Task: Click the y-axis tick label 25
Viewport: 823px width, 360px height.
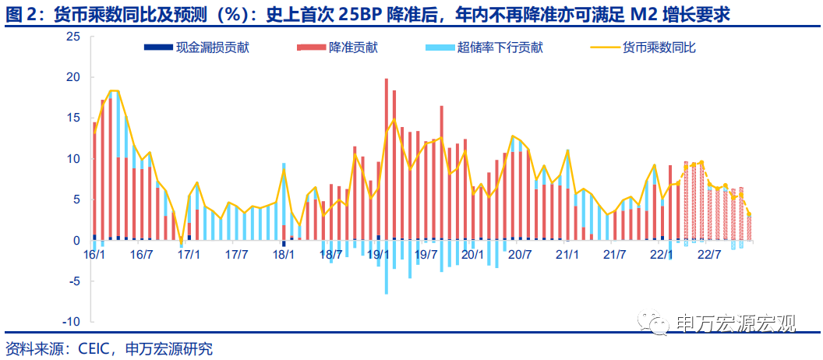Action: (x=73, y=37)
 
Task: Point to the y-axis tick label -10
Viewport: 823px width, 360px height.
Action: (x=71, y=322)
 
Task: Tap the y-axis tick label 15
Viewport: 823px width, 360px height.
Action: (x=73, y=118)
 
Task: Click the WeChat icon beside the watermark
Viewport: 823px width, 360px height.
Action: (x=655, y=321)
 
